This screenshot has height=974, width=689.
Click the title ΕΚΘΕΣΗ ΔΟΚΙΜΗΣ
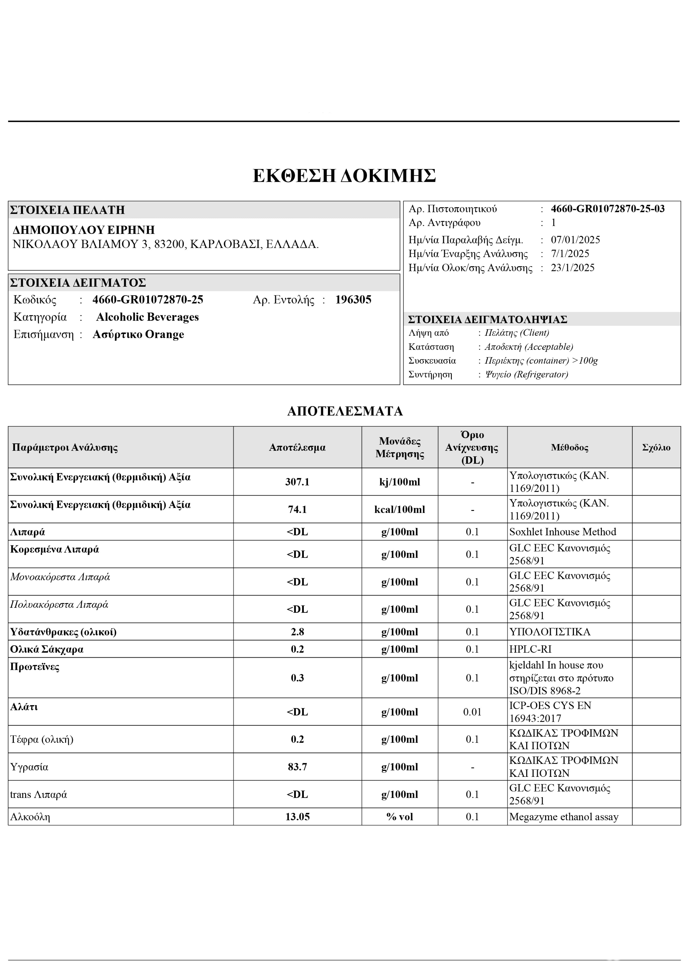344,176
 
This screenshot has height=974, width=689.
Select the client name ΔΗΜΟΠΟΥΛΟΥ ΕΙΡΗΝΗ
84,230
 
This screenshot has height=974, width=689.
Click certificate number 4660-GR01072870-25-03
608,209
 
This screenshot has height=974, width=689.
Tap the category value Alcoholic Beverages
147,317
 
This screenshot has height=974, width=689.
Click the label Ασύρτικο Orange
138,334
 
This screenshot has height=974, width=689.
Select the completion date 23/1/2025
572,268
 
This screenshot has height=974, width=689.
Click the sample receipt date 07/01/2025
575,240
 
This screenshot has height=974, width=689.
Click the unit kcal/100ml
399,509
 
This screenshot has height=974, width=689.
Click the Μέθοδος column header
569,447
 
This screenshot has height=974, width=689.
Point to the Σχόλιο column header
656,447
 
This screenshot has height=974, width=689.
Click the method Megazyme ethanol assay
563,817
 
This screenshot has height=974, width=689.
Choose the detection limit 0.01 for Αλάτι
472,712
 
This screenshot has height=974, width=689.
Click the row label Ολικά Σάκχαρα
47,649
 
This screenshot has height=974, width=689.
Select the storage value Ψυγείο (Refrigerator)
526,374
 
